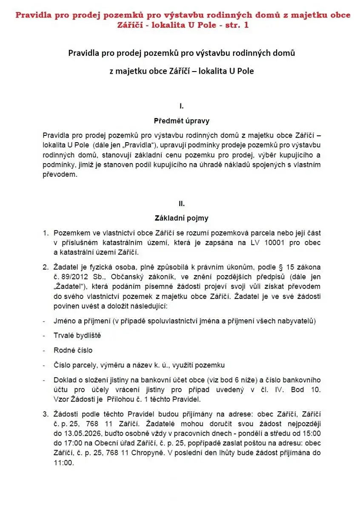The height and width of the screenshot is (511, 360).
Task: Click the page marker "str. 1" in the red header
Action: pyautogui.click(x=233, y=25)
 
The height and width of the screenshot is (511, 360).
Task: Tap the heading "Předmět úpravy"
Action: pyautogui.click(x=182, y=121)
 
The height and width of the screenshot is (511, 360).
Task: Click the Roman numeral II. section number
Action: pyautogui.click(x=182, y=203)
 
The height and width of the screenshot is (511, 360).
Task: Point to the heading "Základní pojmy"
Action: pyautogui.click(x=182, y=218)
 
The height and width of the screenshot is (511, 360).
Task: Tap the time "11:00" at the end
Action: pyautogui.click(x=63, y=463)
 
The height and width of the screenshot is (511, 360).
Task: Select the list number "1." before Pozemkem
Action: pyautogui.click(x=45, y=233)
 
